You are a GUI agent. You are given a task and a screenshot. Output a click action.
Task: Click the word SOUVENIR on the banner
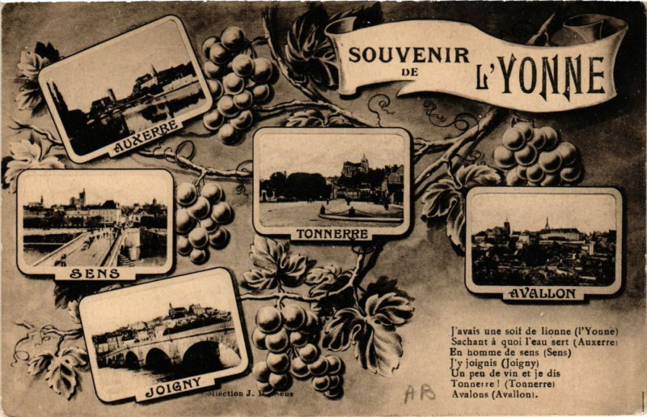[x=408, y=55]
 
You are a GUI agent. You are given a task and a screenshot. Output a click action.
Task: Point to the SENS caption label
[x=95, y=274]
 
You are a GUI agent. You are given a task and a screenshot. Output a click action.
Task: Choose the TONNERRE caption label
[x=332, y=234]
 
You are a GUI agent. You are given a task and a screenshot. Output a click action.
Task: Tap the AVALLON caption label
[x=543, y=292]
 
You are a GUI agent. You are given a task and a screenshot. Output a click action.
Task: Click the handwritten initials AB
[x=419, y=393]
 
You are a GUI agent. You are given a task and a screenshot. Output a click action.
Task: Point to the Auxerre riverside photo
[x=125, y=89]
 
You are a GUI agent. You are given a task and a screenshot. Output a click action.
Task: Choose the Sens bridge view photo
[x=95, y=220]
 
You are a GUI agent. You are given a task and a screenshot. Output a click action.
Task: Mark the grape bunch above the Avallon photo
[x=537, y=154]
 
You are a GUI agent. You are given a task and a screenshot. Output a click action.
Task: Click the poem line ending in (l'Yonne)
[x=534, y=331]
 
